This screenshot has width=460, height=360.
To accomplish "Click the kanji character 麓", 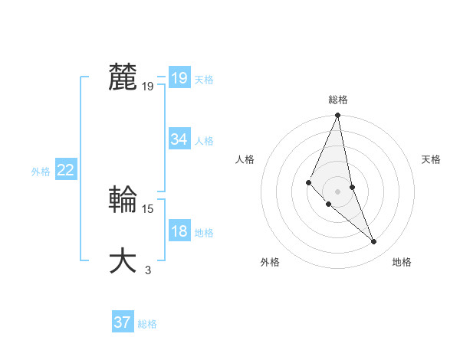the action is pos(123,77).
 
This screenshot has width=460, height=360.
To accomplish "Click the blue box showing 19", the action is pos(179,78).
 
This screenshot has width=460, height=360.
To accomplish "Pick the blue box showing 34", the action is pos(179,139).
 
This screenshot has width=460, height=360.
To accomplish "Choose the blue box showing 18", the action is pos(179,231).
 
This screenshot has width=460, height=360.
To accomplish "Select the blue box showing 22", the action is pos(65,170).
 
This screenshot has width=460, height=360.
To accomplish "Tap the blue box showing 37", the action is pos(122,322).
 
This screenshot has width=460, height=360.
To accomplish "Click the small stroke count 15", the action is pos(148,208).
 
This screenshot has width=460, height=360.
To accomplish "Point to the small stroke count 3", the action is pos(148,270).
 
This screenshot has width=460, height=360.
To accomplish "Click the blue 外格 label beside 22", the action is pos(41,172).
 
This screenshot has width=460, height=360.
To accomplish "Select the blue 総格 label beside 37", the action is pos(147,324).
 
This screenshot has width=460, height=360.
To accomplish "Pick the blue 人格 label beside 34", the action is pos(204,141).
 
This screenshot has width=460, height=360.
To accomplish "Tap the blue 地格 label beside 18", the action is pos(204,233).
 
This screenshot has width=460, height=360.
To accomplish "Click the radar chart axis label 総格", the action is pos(338,100).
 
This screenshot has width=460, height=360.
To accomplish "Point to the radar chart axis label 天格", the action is pos(431,159).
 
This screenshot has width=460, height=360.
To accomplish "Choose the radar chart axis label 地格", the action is pos(402,262).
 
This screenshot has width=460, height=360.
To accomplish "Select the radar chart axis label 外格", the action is pos(270,262).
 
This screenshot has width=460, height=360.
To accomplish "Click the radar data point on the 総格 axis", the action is pos(338,116).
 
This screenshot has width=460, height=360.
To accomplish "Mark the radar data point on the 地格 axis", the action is pos(374,242).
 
